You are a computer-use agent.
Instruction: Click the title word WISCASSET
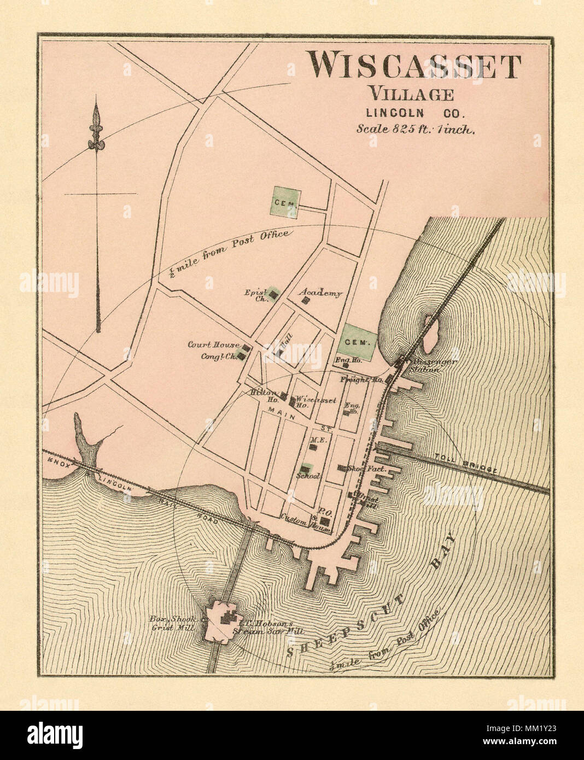point(413,66)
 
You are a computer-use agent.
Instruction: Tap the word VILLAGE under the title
point(411,93)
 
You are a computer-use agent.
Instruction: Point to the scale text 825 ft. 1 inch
point(416,130)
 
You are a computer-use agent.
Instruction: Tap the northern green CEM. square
point(285,202)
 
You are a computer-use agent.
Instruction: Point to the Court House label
point(213,345)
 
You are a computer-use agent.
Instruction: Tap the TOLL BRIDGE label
point(466,463)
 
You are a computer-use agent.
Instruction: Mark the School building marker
point(304,469)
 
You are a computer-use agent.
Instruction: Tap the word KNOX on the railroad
point(59,460)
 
